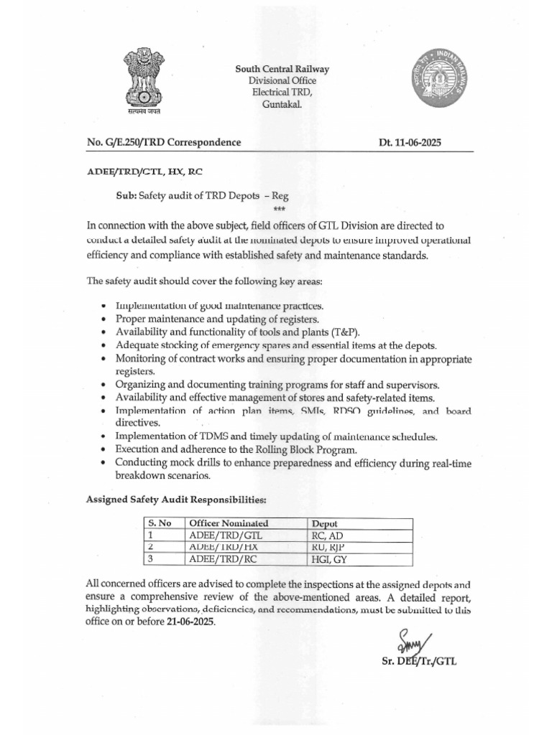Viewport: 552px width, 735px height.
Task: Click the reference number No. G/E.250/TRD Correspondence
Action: point(164,143)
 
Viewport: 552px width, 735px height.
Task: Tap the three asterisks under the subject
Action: point(279,207)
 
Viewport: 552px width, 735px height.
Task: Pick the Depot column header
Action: point(325,523)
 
